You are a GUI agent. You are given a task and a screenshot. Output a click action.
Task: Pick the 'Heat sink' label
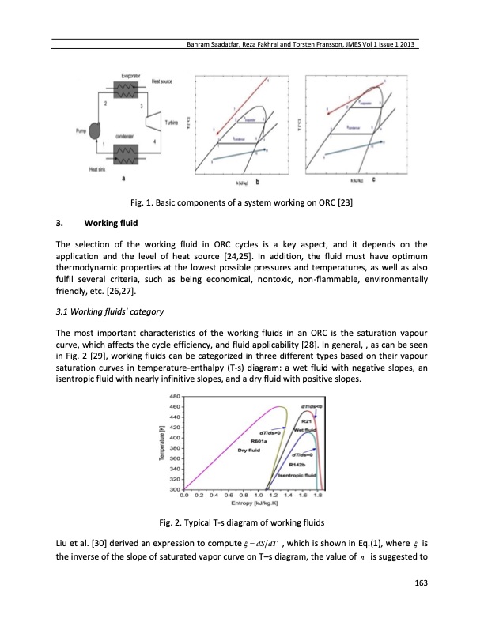pyautogui.click(x=98, y=167)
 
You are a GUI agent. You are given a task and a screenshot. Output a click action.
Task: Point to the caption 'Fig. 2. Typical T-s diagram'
pyautogui.click(x=241, y=524)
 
